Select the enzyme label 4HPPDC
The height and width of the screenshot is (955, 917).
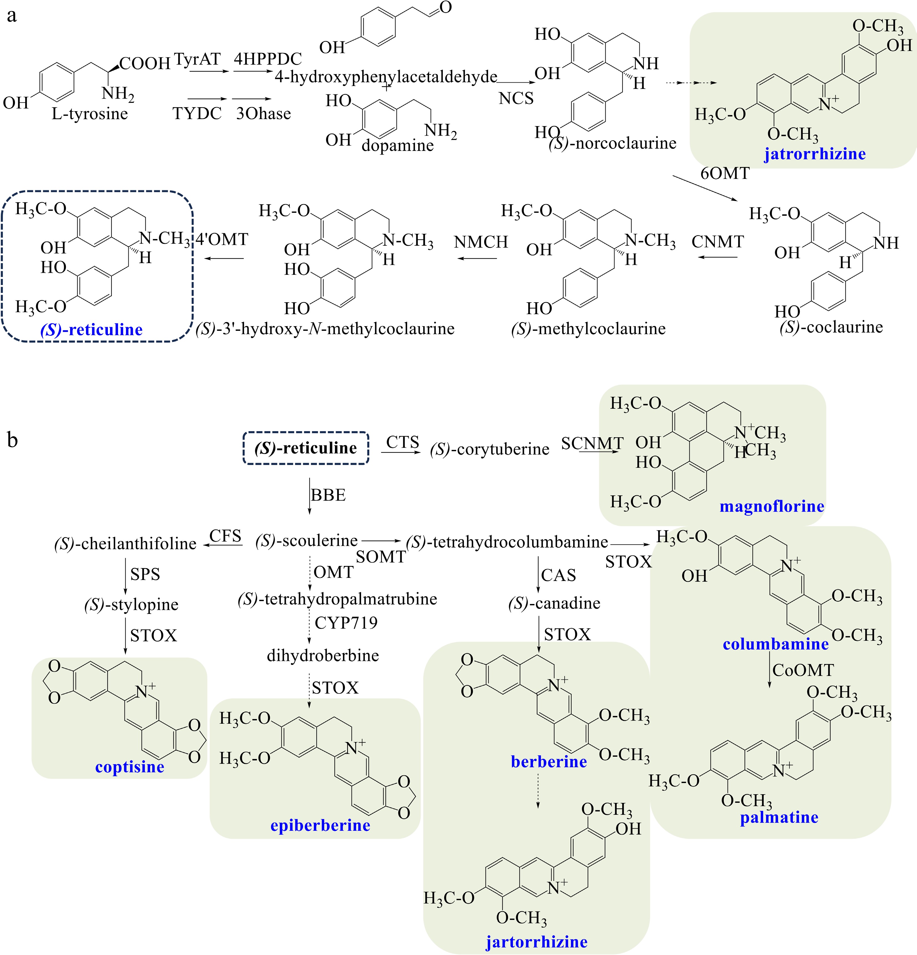[268, 59]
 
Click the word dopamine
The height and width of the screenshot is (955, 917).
[397, 145]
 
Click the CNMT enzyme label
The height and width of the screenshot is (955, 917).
[717, 242]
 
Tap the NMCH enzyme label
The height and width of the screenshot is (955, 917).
[481, 242]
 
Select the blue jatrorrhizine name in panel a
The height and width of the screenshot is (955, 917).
[815, 154]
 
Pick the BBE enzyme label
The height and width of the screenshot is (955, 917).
[328, 495]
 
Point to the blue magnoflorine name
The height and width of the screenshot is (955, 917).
[772, 506]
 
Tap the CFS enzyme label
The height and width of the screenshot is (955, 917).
[225, 536]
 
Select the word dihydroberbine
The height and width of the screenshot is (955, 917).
[322, 655]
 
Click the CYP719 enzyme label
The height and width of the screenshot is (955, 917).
[346, 623]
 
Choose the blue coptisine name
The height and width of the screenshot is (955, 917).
[129, 767]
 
